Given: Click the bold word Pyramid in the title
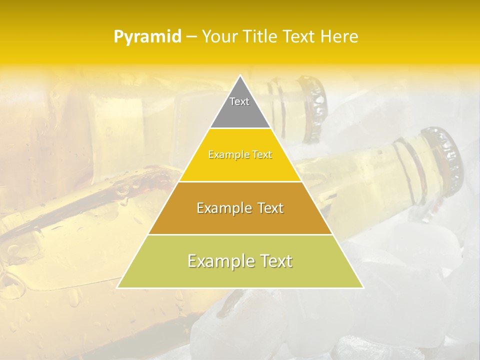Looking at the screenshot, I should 147,37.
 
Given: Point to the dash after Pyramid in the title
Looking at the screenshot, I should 191,37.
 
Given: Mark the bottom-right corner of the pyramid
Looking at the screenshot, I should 363,287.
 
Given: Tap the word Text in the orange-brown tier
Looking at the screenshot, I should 267,208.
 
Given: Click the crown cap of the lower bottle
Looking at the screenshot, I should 448,157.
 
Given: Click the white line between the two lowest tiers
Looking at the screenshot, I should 240,234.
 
